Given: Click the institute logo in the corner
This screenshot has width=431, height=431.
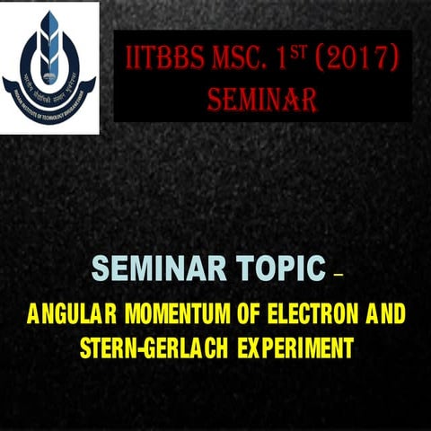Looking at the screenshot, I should pos(49,66).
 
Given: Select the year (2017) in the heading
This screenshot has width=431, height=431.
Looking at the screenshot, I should pos(361,59).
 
